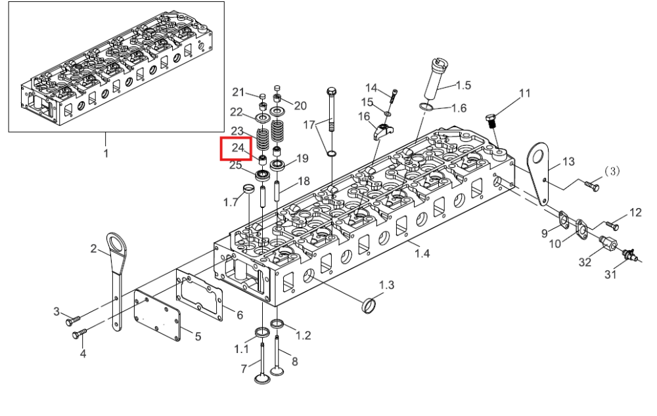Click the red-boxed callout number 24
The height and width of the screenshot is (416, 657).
(x=238, y=148)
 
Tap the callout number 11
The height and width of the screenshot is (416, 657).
(x=524, y=93)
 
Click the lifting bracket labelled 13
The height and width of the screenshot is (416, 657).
(x=539, y=174)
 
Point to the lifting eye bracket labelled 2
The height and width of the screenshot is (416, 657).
(x=116, y=280)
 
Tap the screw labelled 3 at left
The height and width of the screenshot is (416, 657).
(x=73, y=320)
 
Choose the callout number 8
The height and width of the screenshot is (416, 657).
(x=294, y=361)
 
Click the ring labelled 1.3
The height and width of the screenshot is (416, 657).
(x=368, y=306)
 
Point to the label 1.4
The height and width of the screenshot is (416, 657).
(x=422, y=253)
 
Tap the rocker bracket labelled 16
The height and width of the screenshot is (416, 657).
(x=382, y=131)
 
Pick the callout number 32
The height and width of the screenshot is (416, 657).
(x=585, y=262)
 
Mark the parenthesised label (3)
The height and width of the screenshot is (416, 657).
(x=612, y=171)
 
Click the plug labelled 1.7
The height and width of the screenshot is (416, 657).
(x=249, y=189)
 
